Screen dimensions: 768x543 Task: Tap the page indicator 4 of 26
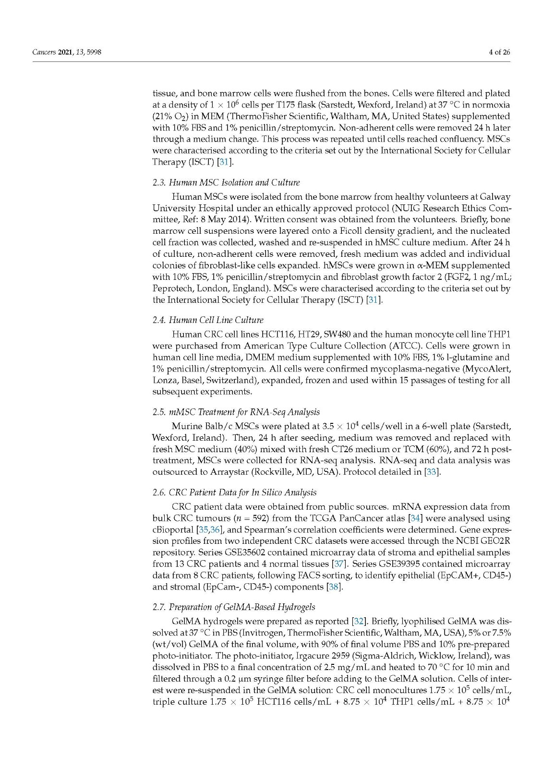(499, 52)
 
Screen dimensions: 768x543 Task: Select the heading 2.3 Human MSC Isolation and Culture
(226, 182)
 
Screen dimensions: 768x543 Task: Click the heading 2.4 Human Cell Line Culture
(208, 320)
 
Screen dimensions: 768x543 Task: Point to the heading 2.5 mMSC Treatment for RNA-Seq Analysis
(236, 412)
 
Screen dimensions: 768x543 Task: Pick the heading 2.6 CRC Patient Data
(234, 492)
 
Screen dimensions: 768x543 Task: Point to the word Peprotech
(172, 288)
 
